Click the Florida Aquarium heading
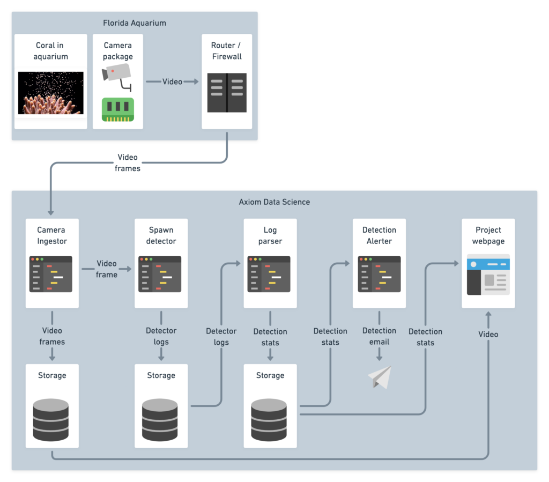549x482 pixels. (135, 23)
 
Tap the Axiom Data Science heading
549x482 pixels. (274, 202)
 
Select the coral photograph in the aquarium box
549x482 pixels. (50, 93)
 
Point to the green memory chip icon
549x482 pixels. (118, 109)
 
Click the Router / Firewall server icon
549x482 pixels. (227, 92)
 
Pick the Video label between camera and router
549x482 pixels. (172, 81)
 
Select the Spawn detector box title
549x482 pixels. (161, 235)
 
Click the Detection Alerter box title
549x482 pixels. (379, 235)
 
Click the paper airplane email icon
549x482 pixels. (380, 377)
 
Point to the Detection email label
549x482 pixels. (379, 336)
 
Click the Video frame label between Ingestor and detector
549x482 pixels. (107, 269)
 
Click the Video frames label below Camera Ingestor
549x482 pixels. (52, 336)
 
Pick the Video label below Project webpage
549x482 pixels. (488, 335)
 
